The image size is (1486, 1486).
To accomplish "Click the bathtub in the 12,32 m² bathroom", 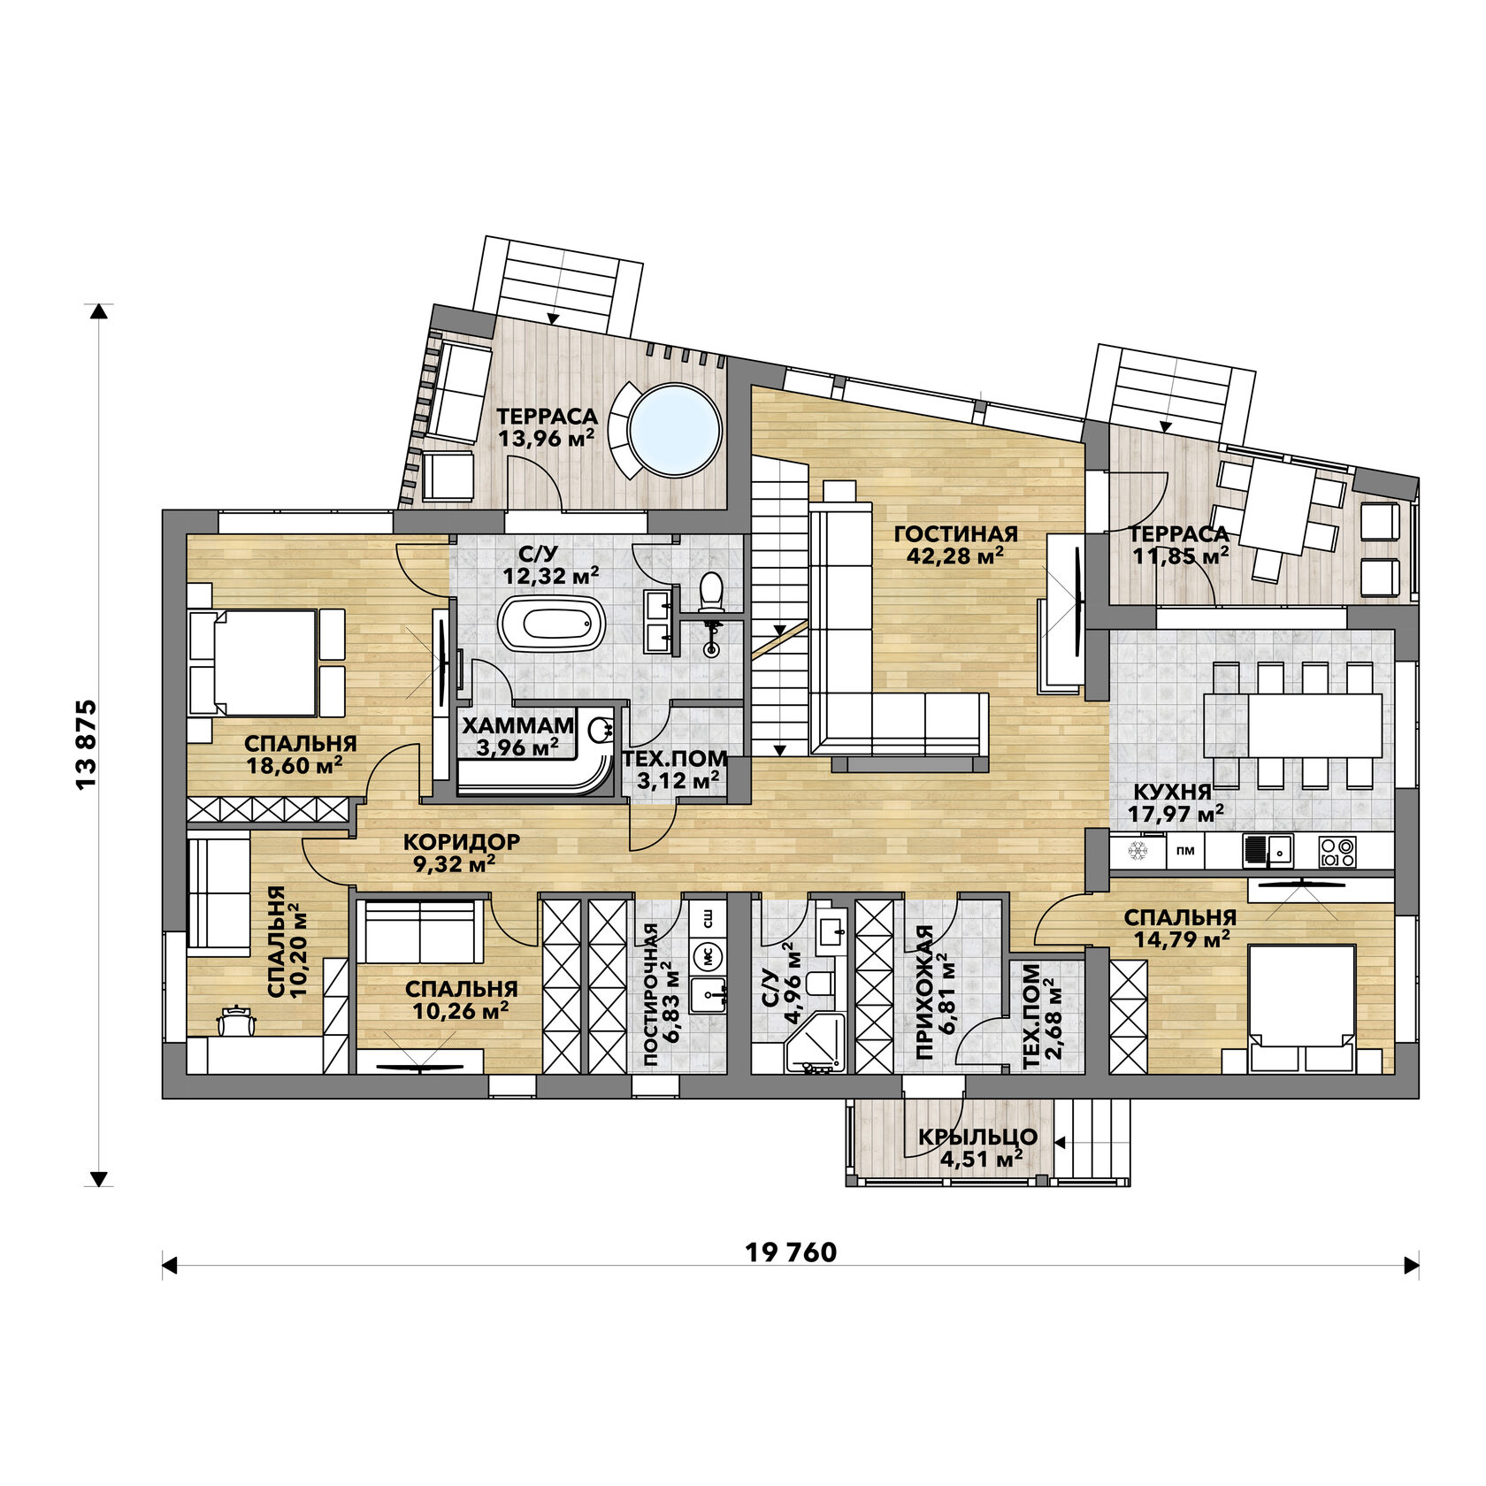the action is (552, 624).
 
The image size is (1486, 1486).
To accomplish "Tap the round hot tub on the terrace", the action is (674, 430).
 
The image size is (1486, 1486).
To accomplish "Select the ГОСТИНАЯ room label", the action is (955, 534).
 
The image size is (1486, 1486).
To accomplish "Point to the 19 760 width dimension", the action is (791, 1252).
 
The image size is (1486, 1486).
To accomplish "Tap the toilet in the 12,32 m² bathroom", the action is (710, 593).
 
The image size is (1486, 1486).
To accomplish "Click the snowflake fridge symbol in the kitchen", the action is (1137, 852).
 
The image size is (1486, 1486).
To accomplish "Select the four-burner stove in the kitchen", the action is (1337, 852).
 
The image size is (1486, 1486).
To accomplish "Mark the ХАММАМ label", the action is (518, 725).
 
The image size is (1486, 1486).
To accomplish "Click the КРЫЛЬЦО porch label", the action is (977, 1137).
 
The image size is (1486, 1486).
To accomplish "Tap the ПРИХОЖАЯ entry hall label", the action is (924, 992).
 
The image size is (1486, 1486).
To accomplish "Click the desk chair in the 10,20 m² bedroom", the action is (236, 1020).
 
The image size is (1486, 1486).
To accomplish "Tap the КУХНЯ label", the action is (1160, 792).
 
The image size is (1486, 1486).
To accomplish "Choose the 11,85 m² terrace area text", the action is (1180, 556).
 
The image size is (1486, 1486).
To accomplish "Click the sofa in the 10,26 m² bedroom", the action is (422, 931).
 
